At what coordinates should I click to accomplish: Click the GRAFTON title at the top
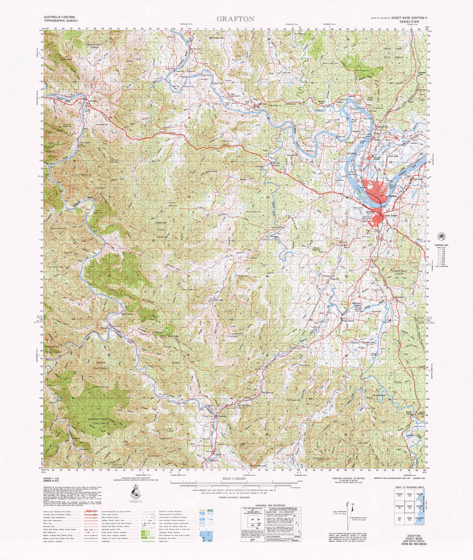(x=235, y=19)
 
